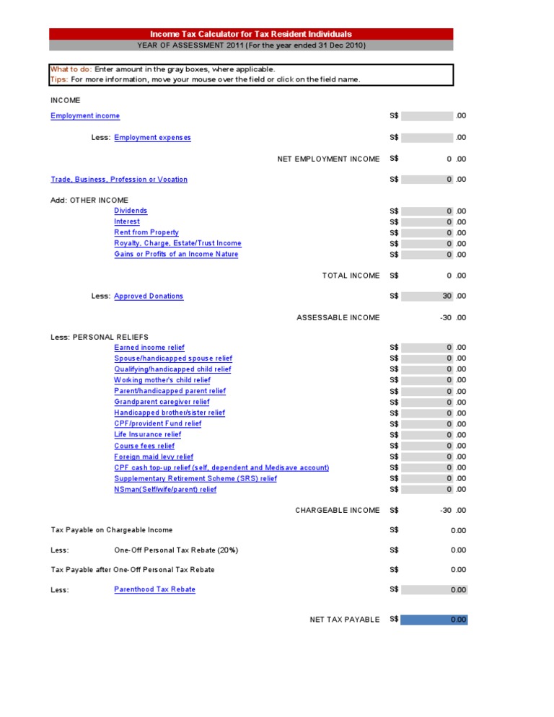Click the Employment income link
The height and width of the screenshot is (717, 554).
click(x=85, y=116)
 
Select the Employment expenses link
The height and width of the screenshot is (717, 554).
click(x=152, y=138)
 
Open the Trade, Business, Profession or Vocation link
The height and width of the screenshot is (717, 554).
click(x=119, y=180)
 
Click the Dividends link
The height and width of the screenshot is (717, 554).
click(x=131, y=211)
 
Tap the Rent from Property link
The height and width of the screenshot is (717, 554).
click(x=146, y=232)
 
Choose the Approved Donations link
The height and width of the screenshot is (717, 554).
click(x=149, y=296)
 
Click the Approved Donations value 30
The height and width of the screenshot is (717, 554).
click(x=447, y=296)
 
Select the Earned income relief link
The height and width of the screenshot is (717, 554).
click(x=149, y=348)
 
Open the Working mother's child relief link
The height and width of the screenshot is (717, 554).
click(x=162, y=380)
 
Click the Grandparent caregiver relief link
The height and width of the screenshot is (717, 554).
click(x=162, y=402)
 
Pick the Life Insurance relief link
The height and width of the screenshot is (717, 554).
click(x=148, y=435)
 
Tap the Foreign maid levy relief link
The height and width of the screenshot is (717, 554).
click(x=154, y=457)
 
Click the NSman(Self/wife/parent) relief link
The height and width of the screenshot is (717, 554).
click(x=165, y=490)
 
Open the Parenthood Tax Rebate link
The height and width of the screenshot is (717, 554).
click(x=154, y=589)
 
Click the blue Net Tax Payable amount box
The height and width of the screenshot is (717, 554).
click(x=434, y=620)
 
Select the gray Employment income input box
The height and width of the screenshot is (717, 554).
click(x=428, y=115)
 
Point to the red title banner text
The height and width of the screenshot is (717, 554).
click(x=251, y=34)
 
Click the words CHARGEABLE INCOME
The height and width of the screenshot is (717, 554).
click(x=337, y=511)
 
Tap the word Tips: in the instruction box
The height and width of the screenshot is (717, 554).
click(x=59, y=79)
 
